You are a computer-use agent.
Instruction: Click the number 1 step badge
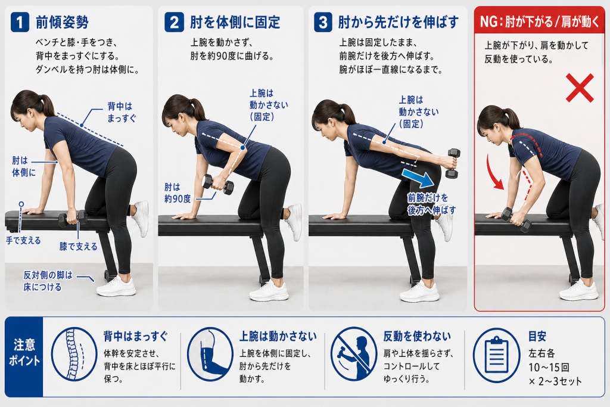pyautogui.click(x=20, y=22)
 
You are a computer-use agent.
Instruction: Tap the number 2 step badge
pyautogui.click(x=174, y=22)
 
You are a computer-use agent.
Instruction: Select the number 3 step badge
pyautogui.click(x=323, y=22)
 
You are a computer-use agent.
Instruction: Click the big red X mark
pyautogui.click(x=580, y=88)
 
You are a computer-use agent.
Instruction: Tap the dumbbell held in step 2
pyautogui.click(x=218, y=185)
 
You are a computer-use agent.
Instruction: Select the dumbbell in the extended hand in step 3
pyautogui.click(x=453, y=163)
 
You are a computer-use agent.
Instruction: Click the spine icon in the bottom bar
pyautogui.click(x=74, y=353)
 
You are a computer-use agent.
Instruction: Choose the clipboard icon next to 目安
pyautogui.click(x=496, y=355)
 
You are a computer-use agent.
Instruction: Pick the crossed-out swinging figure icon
pyautogui.click(x=354, y=353)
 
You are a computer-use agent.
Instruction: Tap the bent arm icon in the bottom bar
pyautogui.click(x=210, y=354)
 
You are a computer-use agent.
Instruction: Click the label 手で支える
pyautogui.click(x=23, y=241)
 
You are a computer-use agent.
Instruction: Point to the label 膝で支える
pyautogui.click(x=78, y=246)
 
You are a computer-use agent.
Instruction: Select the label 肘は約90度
pyautogui.click(x=178, y=193)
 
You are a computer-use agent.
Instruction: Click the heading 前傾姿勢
pyautogui.click(x=62, y=22)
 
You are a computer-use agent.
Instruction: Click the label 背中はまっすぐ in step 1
pyautogui.click(x=122, y=112)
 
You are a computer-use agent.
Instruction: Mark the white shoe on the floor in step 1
pyautogui.click(x=116, y=287)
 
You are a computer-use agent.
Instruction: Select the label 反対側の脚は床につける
pyautogui.click(x=48, y=281)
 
